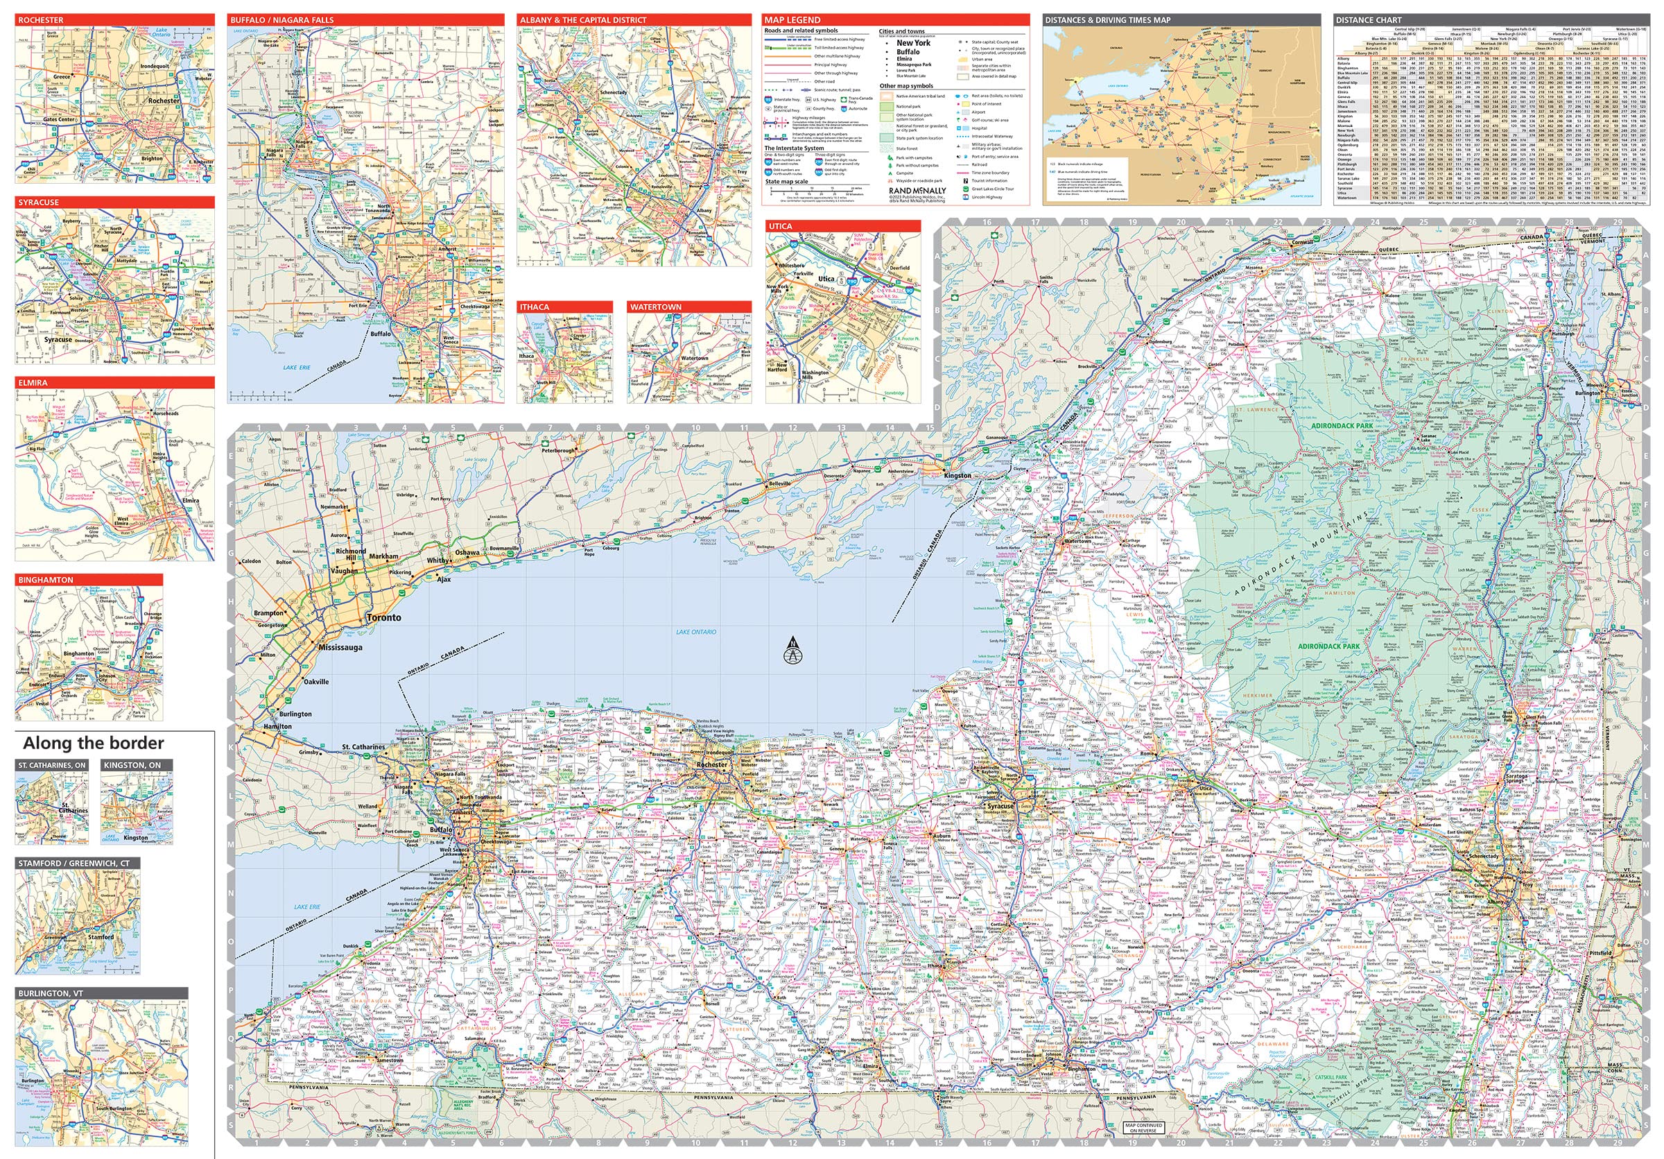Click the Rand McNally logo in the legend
917,191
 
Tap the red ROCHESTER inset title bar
114,19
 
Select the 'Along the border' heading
94,743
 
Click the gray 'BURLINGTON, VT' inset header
101,993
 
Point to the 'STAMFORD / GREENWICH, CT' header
78,864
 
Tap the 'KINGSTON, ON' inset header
137,765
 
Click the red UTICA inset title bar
842,226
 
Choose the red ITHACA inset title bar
564,307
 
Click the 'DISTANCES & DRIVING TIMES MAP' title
1181,19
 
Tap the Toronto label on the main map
383,617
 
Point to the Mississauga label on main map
340,647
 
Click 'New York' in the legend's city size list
913,43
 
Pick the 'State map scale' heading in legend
786,181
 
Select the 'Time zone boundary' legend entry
990,173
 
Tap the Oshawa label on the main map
467,552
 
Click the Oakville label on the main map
316,681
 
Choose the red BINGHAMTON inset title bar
89,580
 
